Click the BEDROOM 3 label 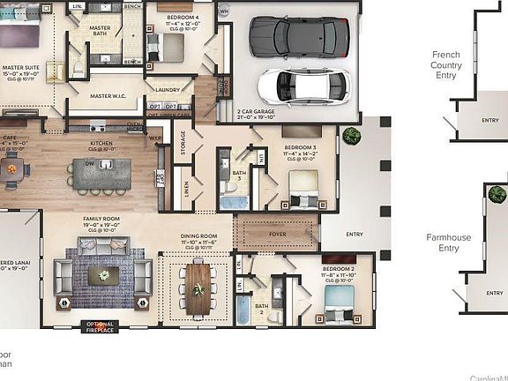point(302,148)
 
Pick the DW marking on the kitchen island point(90,163)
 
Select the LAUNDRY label point(168,90)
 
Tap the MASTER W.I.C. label point(112,95)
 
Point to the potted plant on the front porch point(352,135)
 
